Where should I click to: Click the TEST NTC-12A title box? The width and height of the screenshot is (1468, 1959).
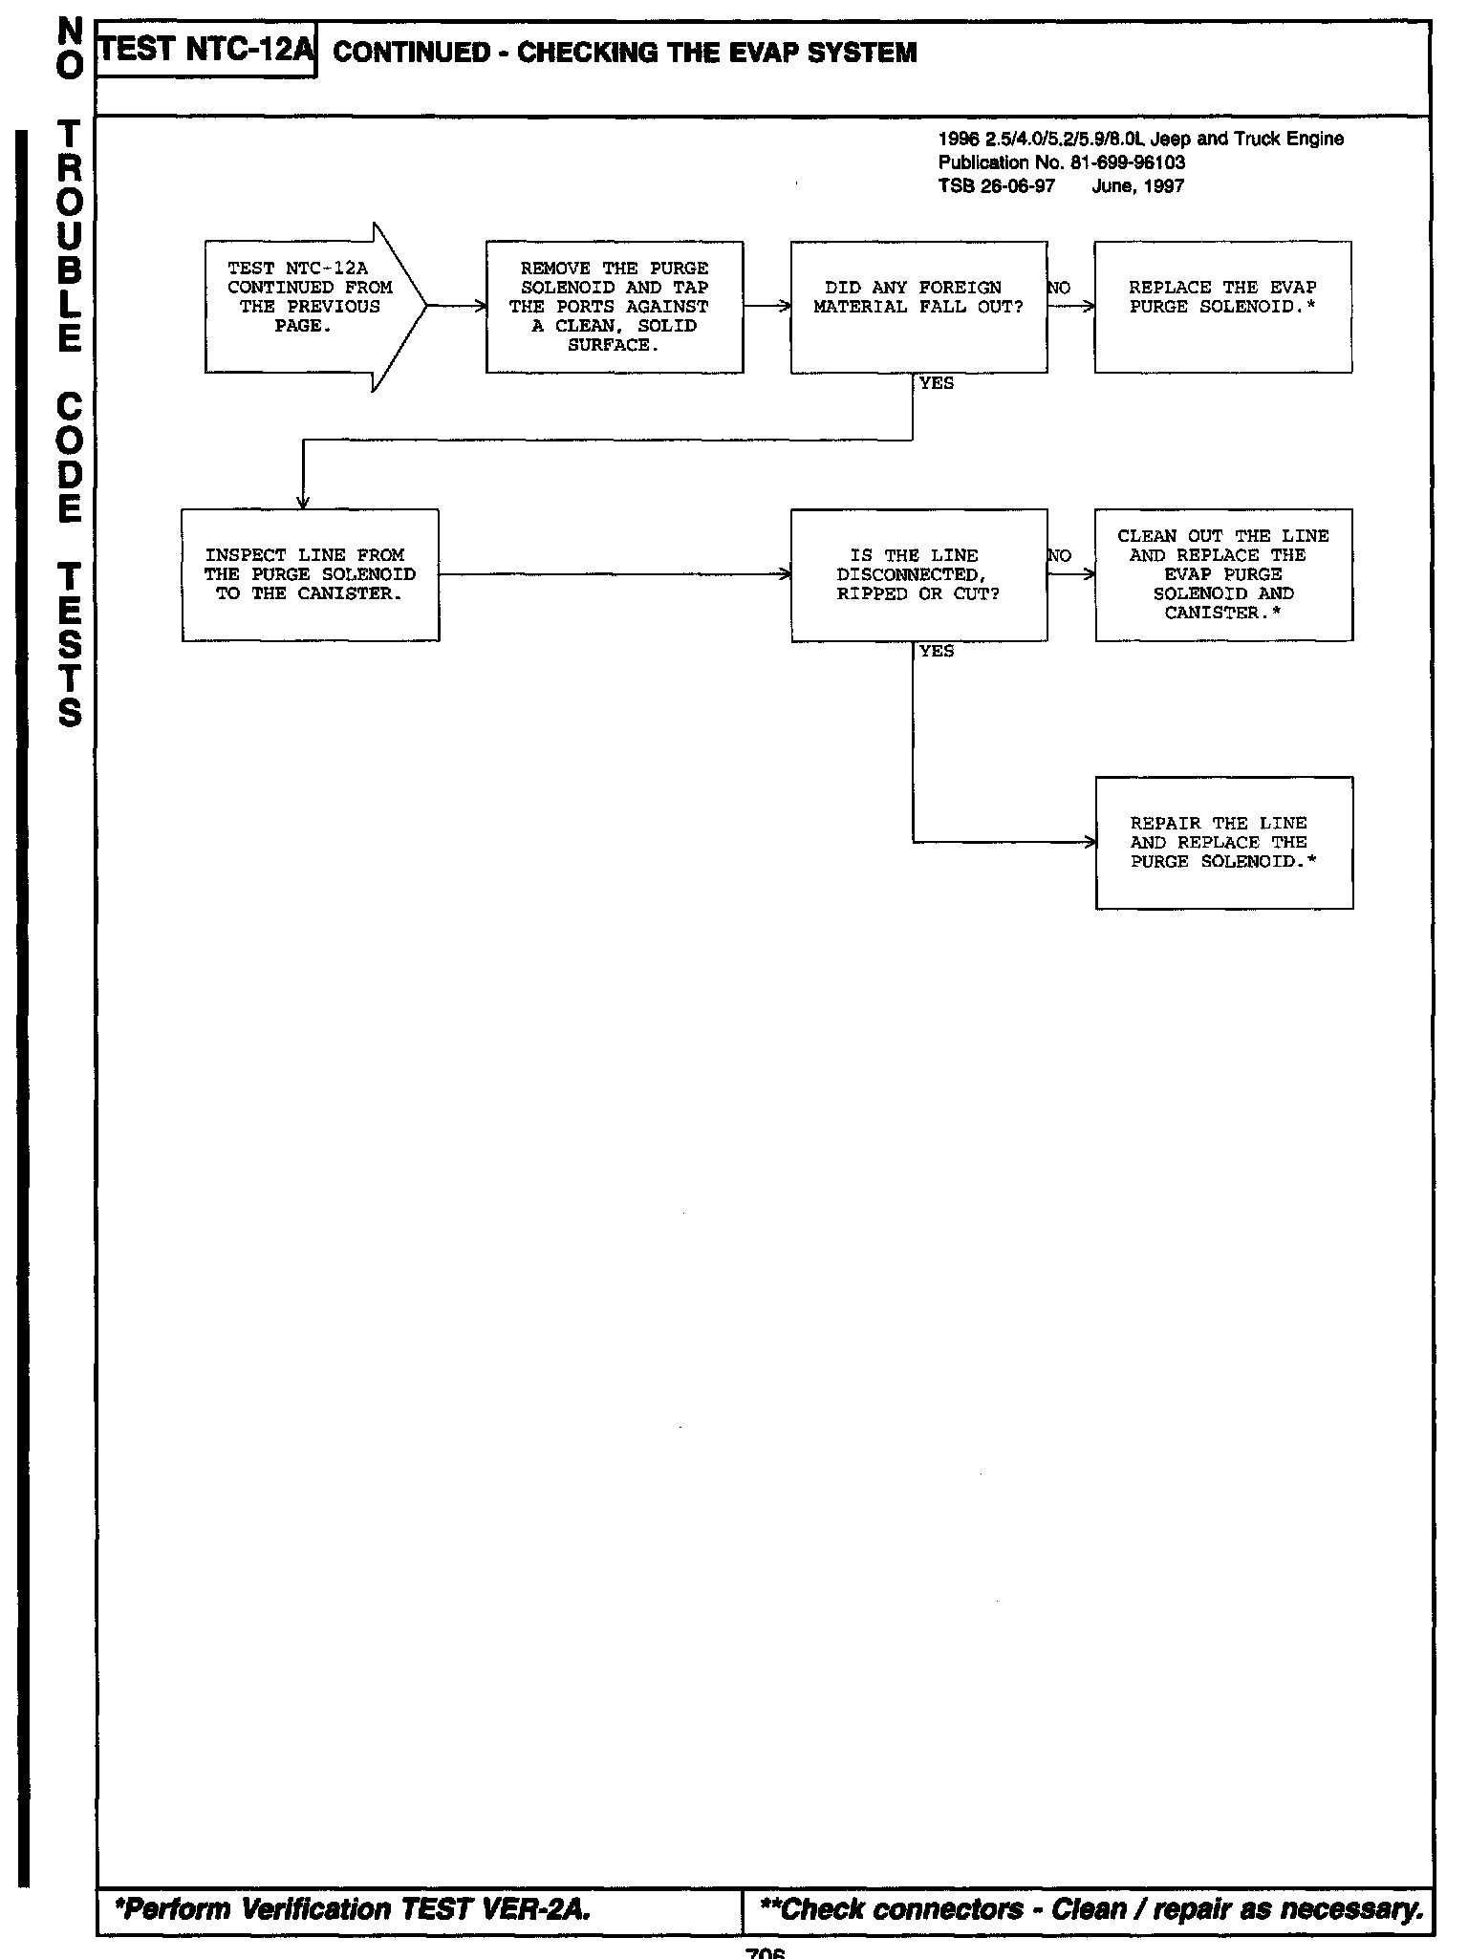pos(206,50)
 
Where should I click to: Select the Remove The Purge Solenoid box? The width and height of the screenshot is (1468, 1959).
pos(615,307)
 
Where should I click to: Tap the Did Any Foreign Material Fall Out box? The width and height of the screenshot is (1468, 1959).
pos(918,307)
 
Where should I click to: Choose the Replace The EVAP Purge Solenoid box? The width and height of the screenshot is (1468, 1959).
pos(1222,307)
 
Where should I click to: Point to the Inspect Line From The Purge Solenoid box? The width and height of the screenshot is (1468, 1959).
pos(310,574)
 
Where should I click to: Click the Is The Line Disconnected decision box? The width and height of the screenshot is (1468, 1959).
pos(918,574)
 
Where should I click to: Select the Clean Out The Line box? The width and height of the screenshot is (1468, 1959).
pos(1223,574)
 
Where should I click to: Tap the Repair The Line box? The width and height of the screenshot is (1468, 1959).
pos(1223,842)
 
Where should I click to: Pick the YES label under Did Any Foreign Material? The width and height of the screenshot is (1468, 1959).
pos(937,383)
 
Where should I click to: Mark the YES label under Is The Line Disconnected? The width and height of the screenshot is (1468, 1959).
pos(937,651)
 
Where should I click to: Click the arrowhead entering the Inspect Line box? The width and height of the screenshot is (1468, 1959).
pos(303,503)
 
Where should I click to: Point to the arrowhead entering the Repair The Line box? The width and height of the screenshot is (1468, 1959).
pos(1090,842)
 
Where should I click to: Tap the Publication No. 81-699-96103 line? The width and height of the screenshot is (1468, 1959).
pos(1062,162)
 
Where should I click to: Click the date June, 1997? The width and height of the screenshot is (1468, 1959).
pos(1137,186)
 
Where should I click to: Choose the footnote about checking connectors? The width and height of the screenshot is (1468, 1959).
pos(1090,1908)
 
